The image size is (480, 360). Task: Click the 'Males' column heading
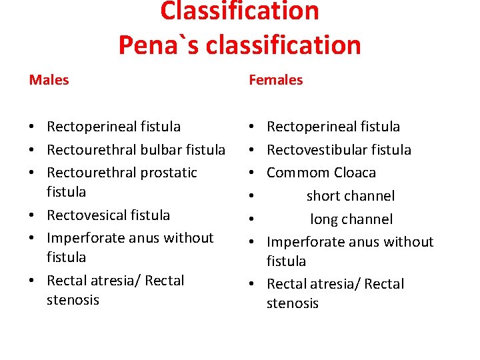pyautogui.click(x=49, y=80)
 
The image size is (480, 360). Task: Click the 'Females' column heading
pyautogui.click(x=275, y=80)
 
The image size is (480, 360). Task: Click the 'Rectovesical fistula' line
pyautogui.click(x=108, y=215)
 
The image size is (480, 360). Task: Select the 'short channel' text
pyautogui.click(x=351, y=196)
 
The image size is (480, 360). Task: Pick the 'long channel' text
pyautogui.click(x=351, y=219)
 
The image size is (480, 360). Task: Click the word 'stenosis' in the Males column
pyautogui.click(x=73, y=300)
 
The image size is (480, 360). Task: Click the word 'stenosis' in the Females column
pyautogui.click(x=293, y=304)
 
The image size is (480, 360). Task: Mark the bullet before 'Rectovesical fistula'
pyautogui.click(x=33, y=215)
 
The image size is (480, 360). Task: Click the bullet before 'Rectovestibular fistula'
pyautogui.click(x=253, y=150)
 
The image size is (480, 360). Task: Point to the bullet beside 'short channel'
pyautogui.click(x=253, y=197)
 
